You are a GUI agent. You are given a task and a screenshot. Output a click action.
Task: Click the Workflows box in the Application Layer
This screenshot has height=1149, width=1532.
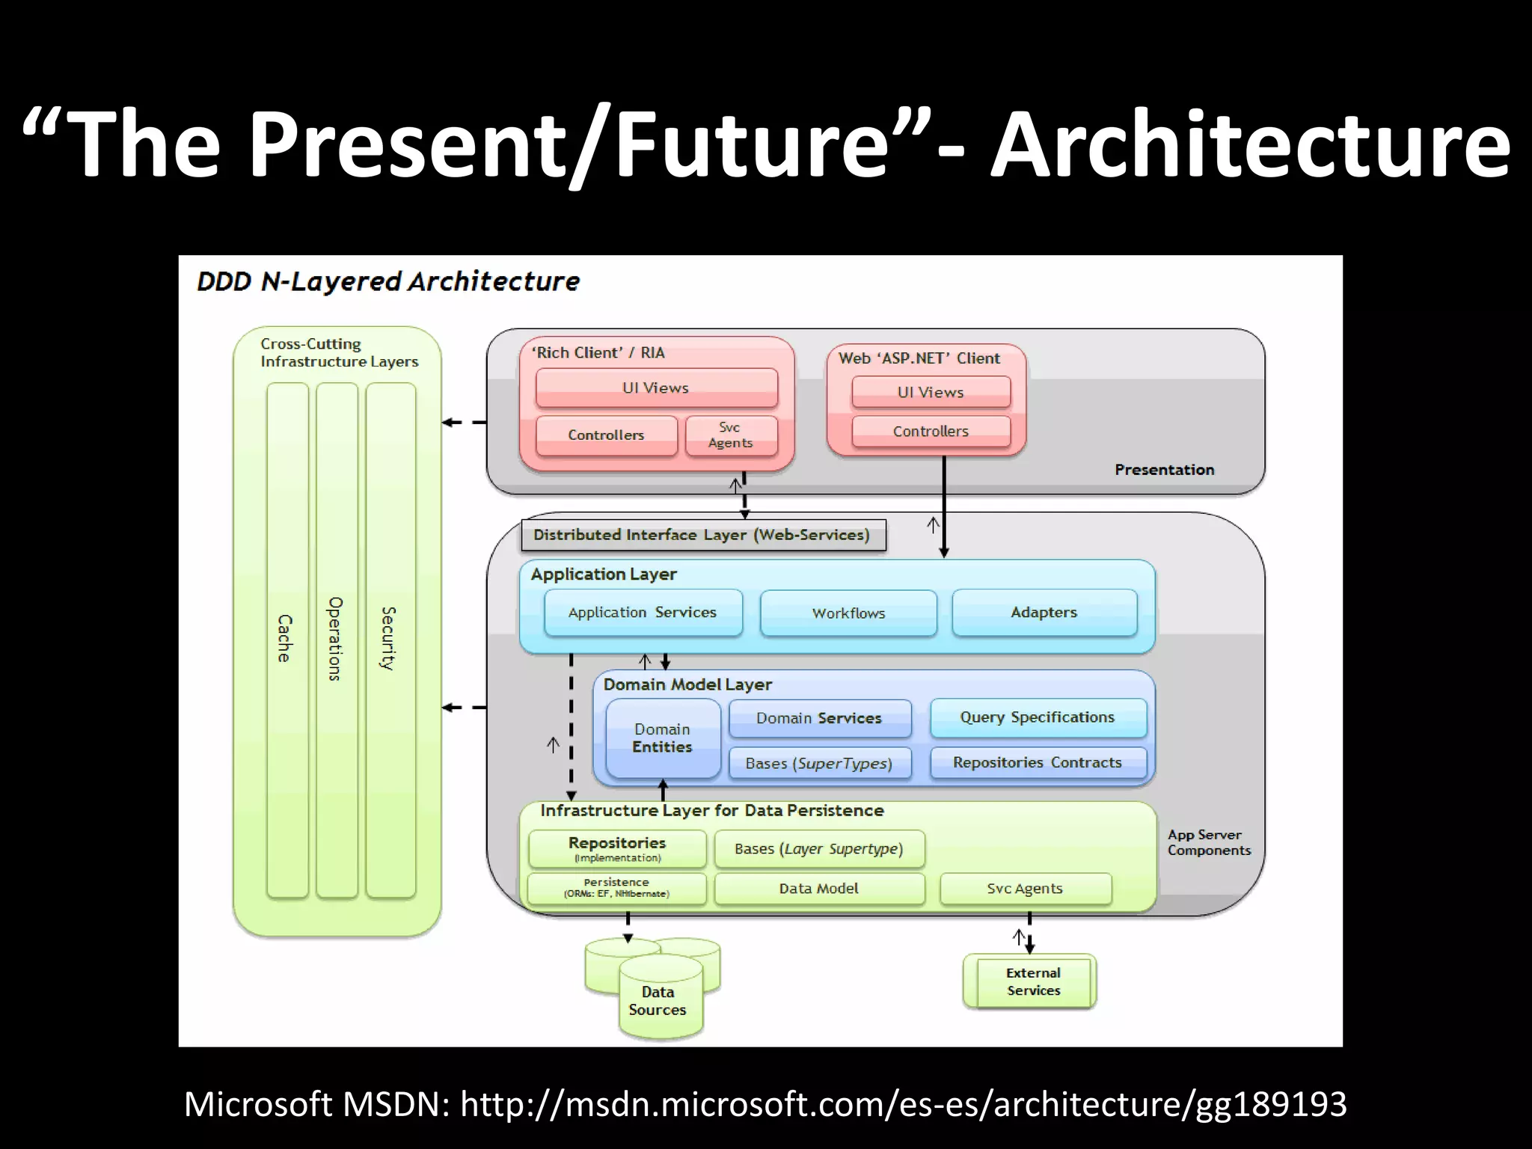click(848, 613)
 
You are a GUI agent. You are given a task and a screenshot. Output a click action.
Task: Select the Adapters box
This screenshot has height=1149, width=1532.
click(1044, 613)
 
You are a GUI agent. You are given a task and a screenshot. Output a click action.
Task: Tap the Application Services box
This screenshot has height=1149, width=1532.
click(643, 613)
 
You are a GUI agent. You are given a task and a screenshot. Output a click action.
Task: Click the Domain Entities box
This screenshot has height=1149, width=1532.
click(663, 738)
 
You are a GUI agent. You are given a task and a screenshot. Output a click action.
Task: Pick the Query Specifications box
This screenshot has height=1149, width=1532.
click(1038, 717)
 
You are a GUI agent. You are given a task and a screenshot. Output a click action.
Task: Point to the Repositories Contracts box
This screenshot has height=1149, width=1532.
click(1038, 763)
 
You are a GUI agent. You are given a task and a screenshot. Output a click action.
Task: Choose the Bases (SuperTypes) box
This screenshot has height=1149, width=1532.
click(819, 764)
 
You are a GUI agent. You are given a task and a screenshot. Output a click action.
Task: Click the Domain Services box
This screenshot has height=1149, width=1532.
click(819, 718)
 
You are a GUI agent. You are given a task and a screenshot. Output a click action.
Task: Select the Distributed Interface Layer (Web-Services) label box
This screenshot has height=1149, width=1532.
click(702, 536)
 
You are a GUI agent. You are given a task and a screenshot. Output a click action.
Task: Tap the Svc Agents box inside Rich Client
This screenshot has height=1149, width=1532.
click(731, 435)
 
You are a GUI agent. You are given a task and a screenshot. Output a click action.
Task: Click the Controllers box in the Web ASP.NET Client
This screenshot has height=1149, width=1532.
click(931, 432)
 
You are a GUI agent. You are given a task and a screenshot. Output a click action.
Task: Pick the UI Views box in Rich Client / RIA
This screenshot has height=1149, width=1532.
click(656, 387)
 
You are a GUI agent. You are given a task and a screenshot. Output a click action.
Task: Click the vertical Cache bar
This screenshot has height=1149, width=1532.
click(287, 640)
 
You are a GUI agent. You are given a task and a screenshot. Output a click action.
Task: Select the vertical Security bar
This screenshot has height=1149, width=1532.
click(390, 640)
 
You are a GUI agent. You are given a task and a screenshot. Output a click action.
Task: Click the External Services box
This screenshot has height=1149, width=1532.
click(1033, 982)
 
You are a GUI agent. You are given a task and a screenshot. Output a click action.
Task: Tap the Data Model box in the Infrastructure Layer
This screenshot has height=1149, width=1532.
click(819, 889)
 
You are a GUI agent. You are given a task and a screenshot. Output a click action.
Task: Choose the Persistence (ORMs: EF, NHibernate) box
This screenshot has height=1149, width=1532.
click(616, 889)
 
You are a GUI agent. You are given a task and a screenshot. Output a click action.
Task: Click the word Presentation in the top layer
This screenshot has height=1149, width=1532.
click(1165, 470)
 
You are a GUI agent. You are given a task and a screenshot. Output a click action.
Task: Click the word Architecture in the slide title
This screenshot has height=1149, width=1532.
click(1249, 144)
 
